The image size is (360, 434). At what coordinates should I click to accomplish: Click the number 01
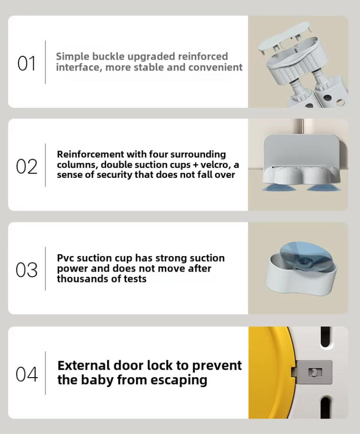click(27, 63)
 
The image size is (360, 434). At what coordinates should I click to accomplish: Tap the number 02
click(27, 167)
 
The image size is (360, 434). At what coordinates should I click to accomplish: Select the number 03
click(27, 270)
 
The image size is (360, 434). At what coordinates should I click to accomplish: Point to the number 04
click(27, 374)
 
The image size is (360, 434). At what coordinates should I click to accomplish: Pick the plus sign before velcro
click(196, 165)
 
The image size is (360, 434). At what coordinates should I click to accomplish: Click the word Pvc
click(66, 258)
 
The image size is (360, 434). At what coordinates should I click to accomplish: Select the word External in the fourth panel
click(84, 365)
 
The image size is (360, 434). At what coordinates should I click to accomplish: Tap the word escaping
click(179, 381)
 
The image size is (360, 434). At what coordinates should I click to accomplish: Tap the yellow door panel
click(267, 372)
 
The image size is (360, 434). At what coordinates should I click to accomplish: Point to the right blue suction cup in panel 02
click(324, 187)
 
